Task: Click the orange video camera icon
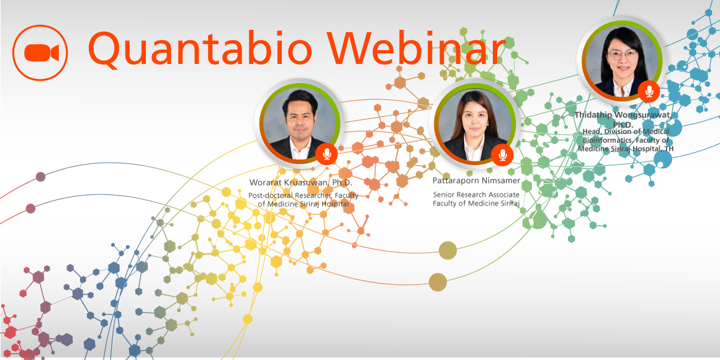pyautogui.click(x=40, y=53)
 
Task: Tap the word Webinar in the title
pyautogui.click(x=421, y=47)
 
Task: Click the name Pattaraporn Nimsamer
pyautogui.click(x=476, y=181)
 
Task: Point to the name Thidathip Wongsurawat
pyautogui.click(x=623, y=115)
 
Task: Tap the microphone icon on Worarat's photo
pyautogui.click(x=326, y=154)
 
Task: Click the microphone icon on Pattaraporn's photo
pyautogui.click(x=502, y=155)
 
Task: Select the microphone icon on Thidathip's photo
pyautogui.click(x=649, y=91)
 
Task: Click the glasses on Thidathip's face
pyautogui.click(x=622, y=55)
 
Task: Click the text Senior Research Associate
pyautogui.click(x=476, y=195)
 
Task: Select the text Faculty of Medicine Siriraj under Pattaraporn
pyautogui.click(x=476, y=204)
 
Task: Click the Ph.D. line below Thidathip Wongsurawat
pyautogui.click(x=623, y=124)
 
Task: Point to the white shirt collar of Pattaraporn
pyautogui.click(x=474, y=149)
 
